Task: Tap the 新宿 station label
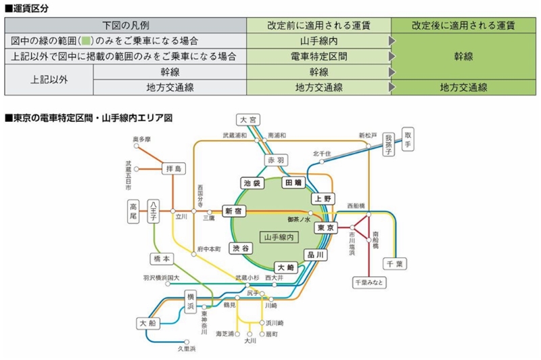[x=235, y=211]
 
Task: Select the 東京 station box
[x=327, y=228]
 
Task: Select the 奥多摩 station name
[x=142, y=139]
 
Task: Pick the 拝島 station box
[x=174, y=168]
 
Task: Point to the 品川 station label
[x=316, y=254]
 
